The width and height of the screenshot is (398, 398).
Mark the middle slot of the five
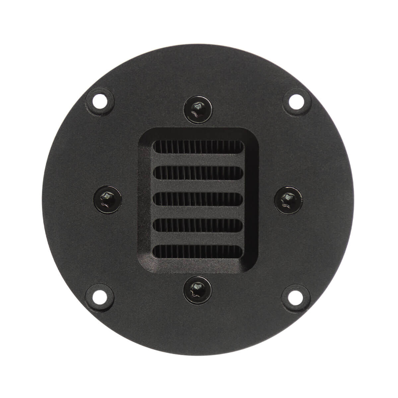coord(198,198)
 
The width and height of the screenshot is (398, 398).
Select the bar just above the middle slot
coord(198,185)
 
